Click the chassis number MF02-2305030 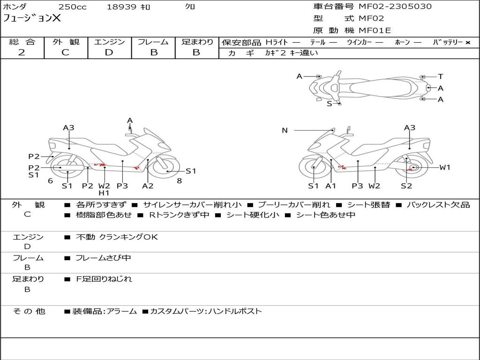click(x=395, y=7)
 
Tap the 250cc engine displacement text click(x=72, y=7)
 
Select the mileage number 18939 click(x=121, y=7)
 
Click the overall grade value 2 click(x=22, y=52)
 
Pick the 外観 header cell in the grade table click(x=66, y=42)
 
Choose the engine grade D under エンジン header click(x=109, y=52)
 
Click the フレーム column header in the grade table click(x=153, y=42)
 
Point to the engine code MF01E click(x=375, y=31)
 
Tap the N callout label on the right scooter click(x=285, y=130)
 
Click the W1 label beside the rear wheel click(x=444, y=167)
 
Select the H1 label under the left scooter click(x=104, y=193)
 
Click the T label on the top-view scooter click(x=441, y=76)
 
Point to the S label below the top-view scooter click(x=329, y=104)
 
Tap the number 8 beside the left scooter click(x=179, y=180)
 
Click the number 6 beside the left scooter click(x=50, y=180)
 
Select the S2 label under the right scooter click(x=406, y=186)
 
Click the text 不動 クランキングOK click(x=117, y=237)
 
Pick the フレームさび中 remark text click(x=103, y=258)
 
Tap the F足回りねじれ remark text click(x=104, y=279)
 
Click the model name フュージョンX click(x=32, y=19)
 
